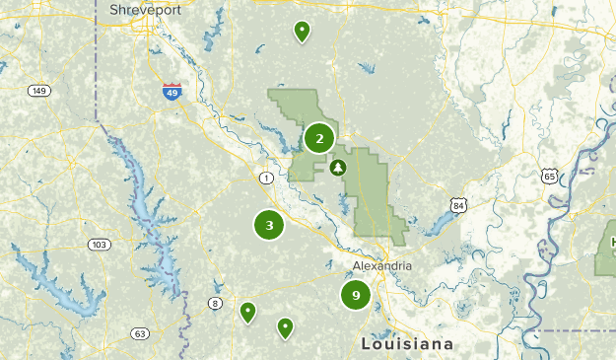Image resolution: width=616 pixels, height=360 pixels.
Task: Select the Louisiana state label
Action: [407, 344]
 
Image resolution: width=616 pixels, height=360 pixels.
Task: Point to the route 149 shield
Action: [38, 92]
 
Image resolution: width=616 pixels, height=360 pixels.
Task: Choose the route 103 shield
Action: [98, 245]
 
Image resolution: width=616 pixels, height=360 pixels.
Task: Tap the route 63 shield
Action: [140, 333]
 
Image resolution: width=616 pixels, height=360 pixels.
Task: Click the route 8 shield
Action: [215, 303]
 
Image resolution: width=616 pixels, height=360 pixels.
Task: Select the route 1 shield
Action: [266, 178]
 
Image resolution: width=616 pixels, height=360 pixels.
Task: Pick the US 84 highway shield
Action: [456, 205]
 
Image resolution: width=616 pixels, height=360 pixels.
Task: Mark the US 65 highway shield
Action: [549, 176]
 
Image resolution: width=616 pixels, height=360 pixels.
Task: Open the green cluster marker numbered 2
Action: [319, 138]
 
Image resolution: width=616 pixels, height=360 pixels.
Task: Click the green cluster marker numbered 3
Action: [269, 225]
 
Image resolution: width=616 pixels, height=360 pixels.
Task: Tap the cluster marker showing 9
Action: [356, 294]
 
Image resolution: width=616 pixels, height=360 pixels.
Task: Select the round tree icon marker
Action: [339, 168]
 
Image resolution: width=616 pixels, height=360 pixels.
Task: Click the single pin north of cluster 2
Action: [302, 31]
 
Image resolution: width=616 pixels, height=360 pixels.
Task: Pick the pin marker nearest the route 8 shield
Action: [248, 312]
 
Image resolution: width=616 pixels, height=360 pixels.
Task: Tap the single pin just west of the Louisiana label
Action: [285, 326]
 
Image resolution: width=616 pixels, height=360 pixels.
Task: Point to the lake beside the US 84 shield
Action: [434, 226]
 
